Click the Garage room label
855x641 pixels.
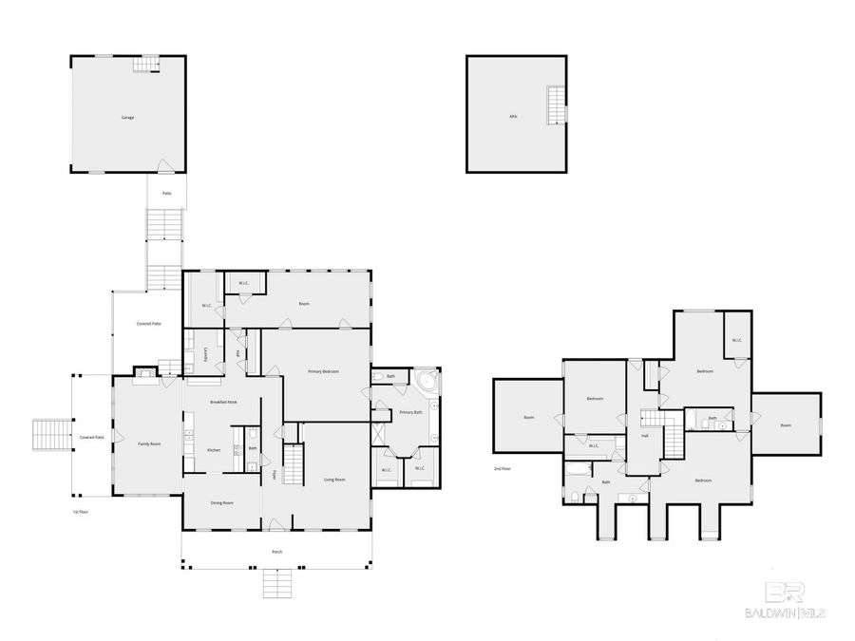[x=127, y=118]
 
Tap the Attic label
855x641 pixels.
[x=513, y=117]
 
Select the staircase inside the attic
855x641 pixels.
[x=556, y=105]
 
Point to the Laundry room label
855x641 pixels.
[x=206, y=355]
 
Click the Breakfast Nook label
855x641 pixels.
[x=223, y=403]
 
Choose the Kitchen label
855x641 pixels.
[x=214, y=450]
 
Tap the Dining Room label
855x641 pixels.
[x=221, y=502]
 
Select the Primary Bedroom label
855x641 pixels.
[x=323, y=371]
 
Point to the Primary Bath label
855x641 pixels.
[x=410, y=412]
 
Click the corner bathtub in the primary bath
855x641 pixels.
[x=427, y=383]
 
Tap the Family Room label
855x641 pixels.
[x=148, y=443]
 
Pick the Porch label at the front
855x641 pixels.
[x=276, y=552]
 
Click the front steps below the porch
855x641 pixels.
[x=276, y=583]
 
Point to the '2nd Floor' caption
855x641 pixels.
[x=502, y=469]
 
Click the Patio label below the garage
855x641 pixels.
[x=166, y=194]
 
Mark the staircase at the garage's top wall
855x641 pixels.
[x=145, y=65]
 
